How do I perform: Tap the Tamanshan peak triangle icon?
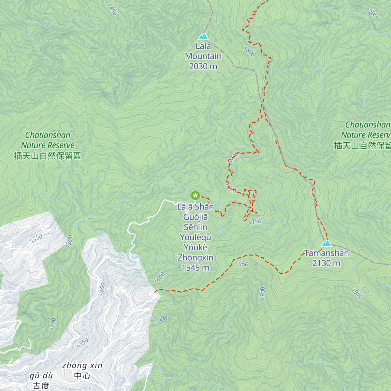click(326, 243)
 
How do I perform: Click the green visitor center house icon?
click(195, 195)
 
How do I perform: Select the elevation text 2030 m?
click(203, 66)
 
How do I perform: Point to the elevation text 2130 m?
click(326, 263)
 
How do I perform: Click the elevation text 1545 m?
click(195, 268)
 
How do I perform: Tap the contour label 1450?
click(112, 9)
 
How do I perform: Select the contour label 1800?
click(249, 51)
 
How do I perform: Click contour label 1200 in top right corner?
click(371, 13)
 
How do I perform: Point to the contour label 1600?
click(159, 277)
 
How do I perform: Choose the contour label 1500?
click(161, 319)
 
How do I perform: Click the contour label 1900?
click(262, 293)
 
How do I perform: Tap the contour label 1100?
click(53, 324)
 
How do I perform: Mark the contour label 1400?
click(103, 289)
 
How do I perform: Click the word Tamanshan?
click(326, 253)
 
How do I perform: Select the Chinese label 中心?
click(82, 376)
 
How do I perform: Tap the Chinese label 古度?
click(41, 386)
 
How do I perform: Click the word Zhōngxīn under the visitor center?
click(195, 258)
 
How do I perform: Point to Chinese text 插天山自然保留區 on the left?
click(48, 156)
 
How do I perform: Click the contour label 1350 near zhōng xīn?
click(82, 343)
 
